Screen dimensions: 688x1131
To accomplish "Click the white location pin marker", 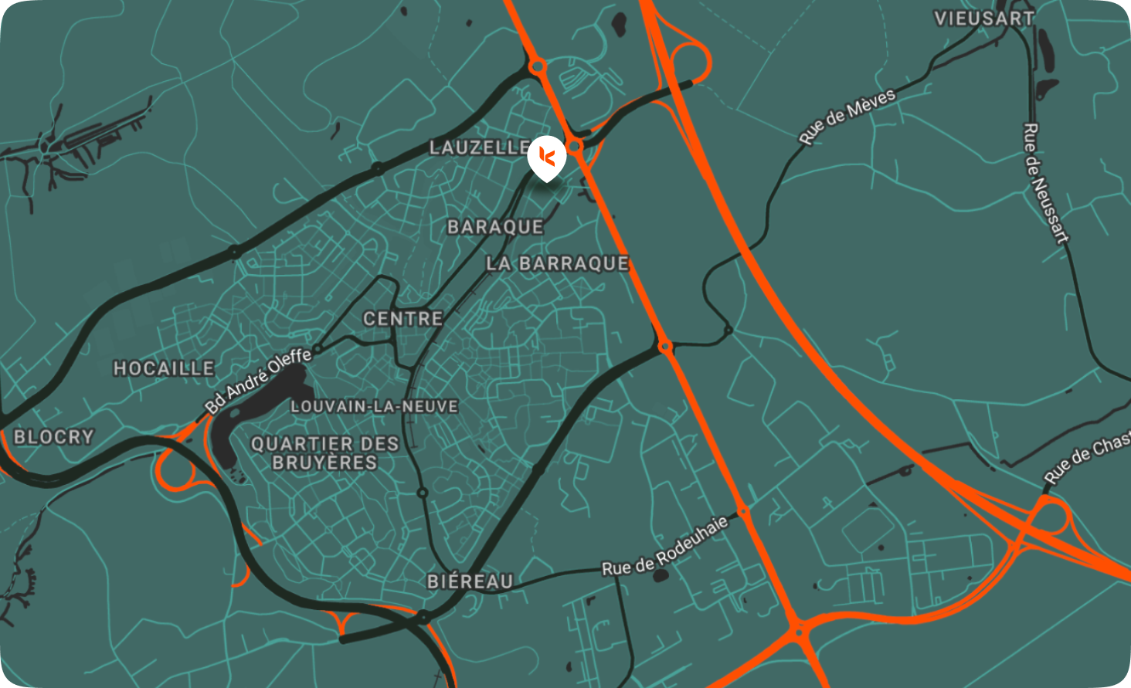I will click(x=547, y=159).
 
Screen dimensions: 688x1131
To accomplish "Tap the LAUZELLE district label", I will click(x=480, y=147).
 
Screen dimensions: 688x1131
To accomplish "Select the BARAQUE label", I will click(x=495, y=226).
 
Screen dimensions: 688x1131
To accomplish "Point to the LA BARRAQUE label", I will click(x=557, y=263).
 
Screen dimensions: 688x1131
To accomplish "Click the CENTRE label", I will click(x=402, y=318).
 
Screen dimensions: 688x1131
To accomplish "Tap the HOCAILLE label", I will click(x=164, y=368).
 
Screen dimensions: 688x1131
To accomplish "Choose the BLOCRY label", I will click(x=53, y=437).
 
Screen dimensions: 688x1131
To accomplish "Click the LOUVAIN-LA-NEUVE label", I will click(x=374, y=406).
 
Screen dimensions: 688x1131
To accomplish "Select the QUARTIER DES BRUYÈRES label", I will click(x=324, y=453).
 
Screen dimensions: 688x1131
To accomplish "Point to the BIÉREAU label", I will click(x=470, y=581).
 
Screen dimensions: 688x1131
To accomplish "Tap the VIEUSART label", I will click(x=983, y=19).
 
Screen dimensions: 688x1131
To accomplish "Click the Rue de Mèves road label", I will click(x=847, y=116).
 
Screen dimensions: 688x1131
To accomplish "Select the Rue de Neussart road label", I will click(x=1046, y=183).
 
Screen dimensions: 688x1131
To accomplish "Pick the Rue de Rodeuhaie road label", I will click(x=664, y=547).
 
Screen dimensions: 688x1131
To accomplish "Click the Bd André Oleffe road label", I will click(x=258, y=380).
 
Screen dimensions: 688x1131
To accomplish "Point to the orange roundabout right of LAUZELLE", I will click(x=575, y=145).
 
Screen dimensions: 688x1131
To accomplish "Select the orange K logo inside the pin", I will click(x=547, y=155).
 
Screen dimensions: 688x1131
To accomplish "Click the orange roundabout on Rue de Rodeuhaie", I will click(x=743, y=511).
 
